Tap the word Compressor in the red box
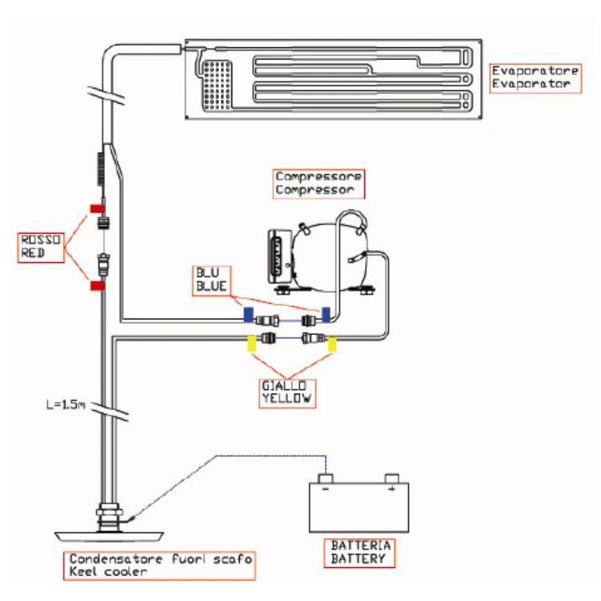314,190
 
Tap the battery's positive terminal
391,479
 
